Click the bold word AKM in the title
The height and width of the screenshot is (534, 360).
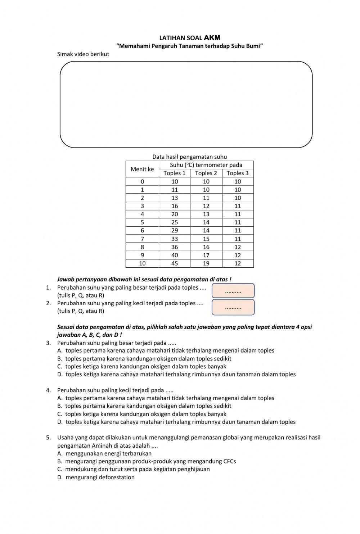coord(212,38)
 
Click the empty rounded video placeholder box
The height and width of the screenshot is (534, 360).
coord(186,104)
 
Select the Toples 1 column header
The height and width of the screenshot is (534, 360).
coord(175,173)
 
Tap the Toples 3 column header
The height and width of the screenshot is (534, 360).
coord(238,173)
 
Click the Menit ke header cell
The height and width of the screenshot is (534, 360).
coord(142,169)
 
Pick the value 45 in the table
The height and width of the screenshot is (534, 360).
coord(175,263)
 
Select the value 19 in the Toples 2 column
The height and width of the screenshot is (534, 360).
coord(206,263)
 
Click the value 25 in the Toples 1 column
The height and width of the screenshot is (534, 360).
coord(175,222)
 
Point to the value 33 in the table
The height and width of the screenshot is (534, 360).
coord(175,239)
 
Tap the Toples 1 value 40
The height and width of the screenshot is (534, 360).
coord(175,255)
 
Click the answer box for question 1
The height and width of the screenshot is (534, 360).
coord(233,291)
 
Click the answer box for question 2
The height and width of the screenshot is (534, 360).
coord(233,307)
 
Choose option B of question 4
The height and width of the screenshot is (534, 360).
coord(148,406)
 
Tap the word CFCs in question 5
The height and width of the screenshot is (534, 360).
coord(230,461)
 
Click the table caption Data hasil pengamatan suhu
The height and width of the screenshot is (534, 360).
coord(189,157)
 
